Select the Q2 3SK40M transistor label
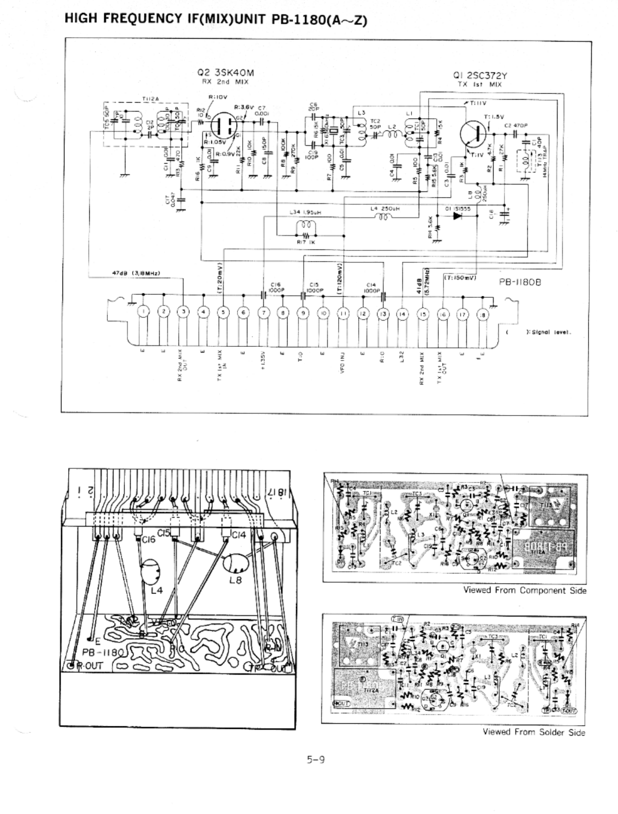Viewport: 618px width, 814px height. [x=225, y=73]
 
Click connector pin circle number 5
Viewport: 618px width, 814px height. [x=223, y=312]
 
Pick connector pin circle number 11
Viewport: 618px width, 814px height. [x=343, y=313]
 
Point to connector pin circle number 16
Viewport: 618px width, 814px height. [x=442, y=313]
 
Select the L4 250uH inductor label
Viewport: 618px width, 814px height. [x=385, y=209]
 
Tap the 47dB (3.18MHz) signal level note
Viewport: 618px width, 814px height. [x=138, y=273]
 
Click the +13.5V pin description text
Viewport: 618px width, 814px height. [x=263, y=361]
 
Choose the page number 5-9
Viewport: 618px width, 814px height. [x=315, y=759]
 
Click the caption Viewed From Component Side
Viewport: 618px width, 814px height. [x=525, y=590]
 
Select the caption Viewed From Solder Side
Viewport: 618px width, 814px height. [x=534, y=731]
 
